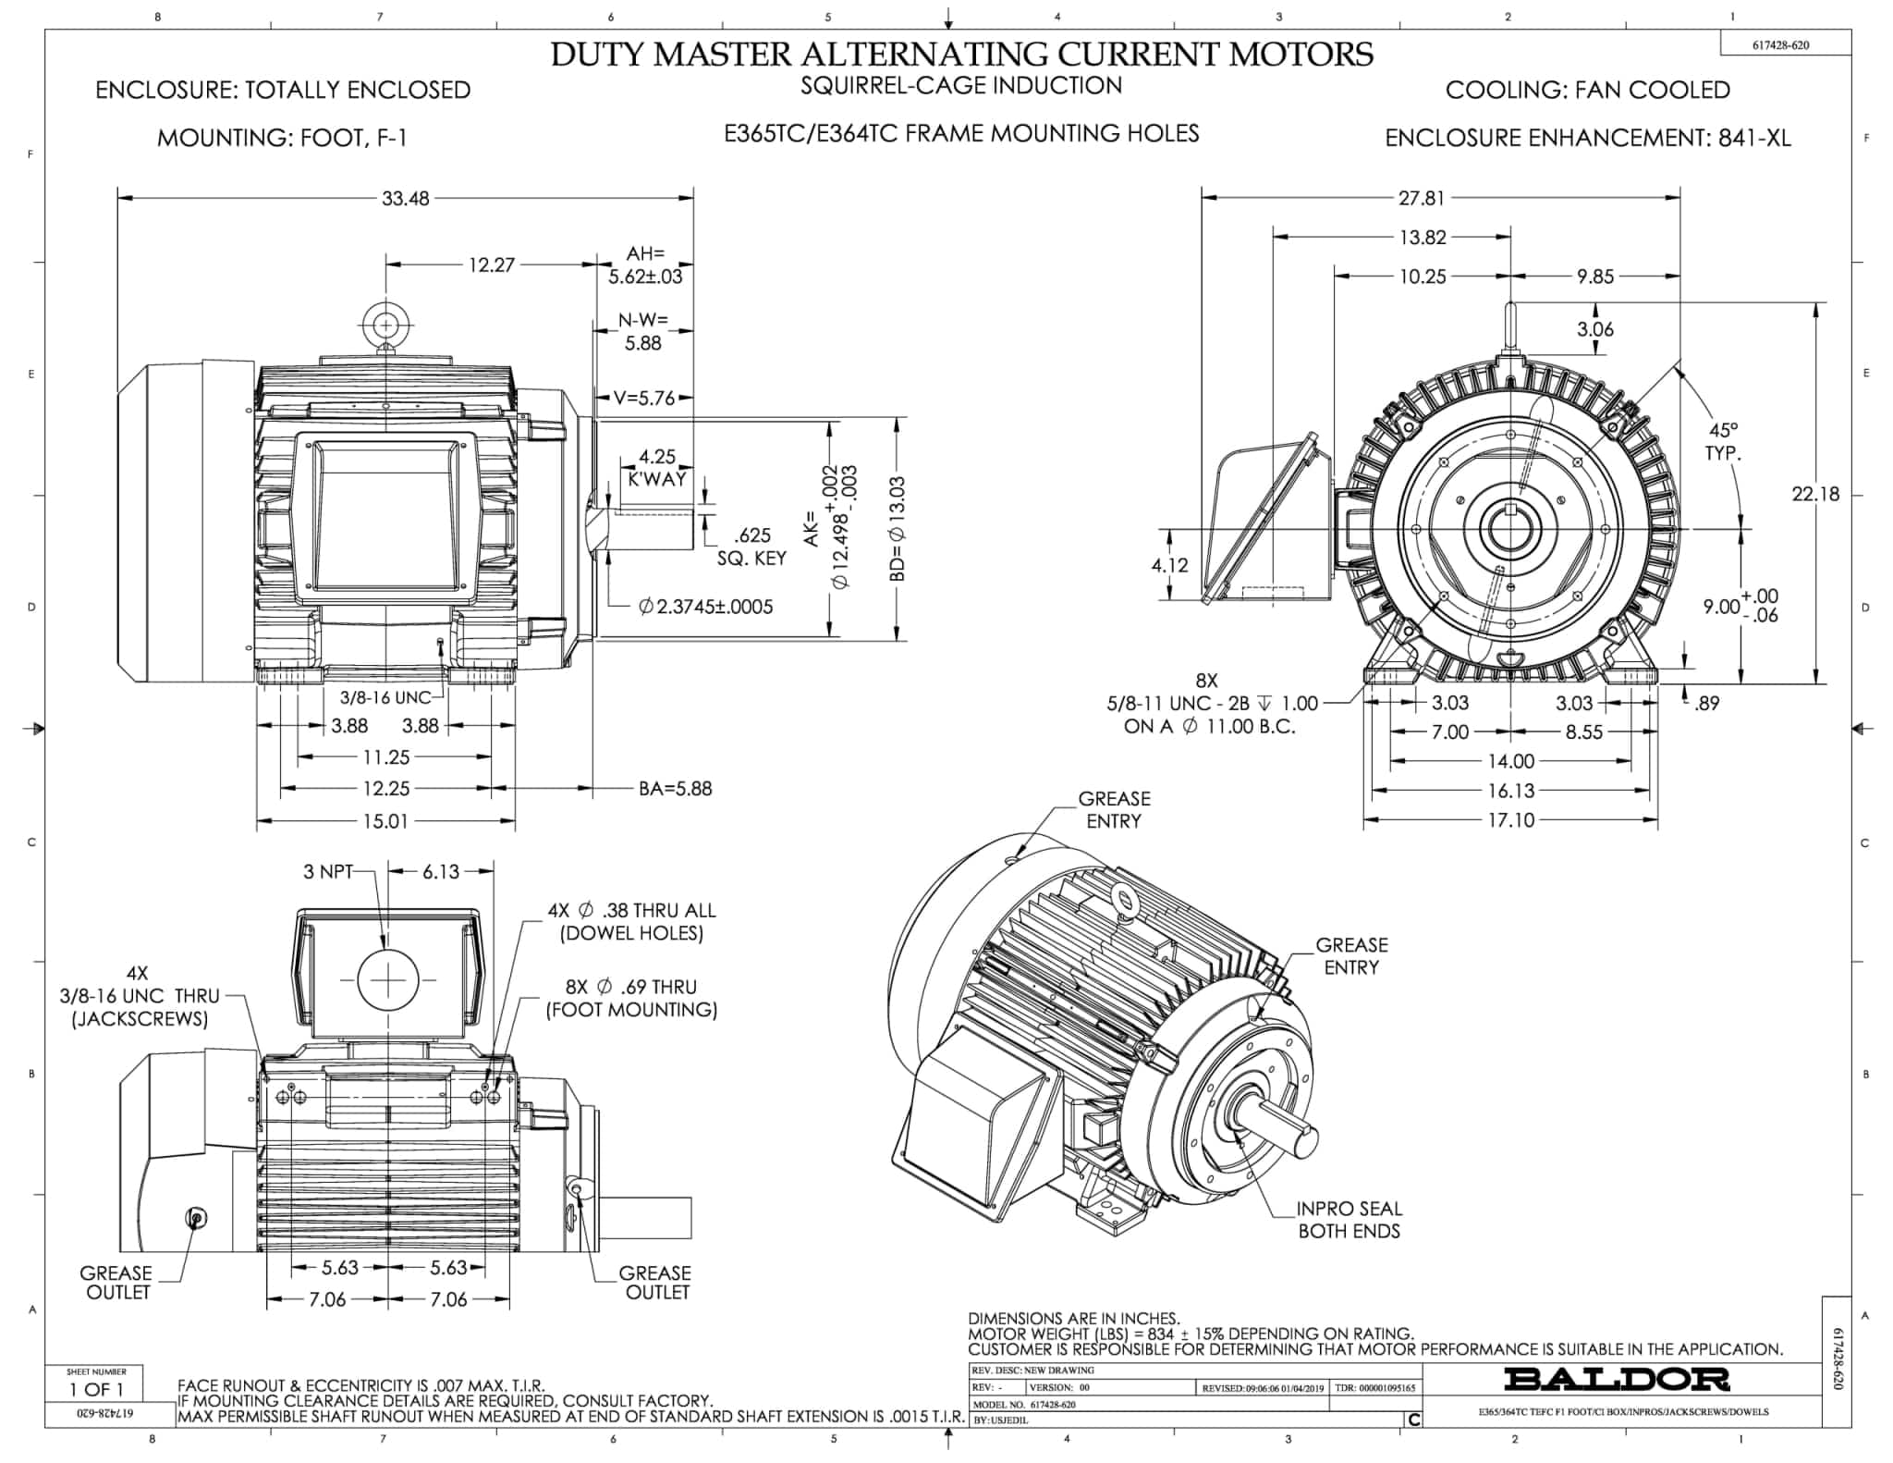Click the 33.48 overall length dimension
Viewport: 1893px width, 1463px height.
pyautogui.click(x=406, y=198)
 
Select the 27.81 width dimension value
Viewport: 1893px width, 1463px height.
pyautogui.click(x=1421, y=198)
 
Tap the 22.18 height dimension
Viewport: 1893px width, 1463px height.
pyautogui.click(x=1815, y=494)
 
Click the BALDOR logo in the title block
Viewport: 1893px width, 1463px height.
pyautogui.click(x=1617, y=1379)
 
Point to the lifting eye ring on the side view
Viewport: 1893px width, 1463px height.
pyautogui.click(x=385, y=325)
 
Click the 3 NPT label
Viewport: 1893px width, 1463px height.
pyautogui.click(x=328, y=871)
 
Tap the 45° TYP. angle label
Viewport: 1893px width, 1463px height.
pyautogui.click(x=1723, y=441)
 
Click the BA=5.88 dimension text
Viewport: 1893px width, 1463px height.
pyautogui.click(x=675, y=789)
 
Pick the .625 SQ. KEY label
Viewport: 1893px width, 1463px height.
pyautogui.click(x=751, y=547)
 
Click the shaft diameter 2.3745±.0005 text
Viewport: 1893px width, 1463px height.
pyautogui.click(x=706, y=607)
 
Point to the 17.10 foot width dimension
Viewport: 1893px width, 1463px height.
pyautogui.click(x=1510, y=820)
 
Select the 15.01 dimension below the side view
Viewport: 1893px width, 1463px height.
pyautogui.click(x=385, y=821)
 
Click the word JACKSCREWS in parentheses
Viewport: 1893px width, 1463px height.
pyautogui.click(x=140, y=1019)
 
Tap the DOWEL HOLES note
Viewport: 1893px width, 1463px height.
pyautogui.click(x=631, y=933)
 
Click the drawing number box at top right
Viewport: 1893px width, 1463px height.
pyautogui.click(x=1780, y=44)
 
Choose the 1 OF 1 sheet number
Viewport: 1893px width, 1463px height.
pyautogui.click(x=96, y=1389)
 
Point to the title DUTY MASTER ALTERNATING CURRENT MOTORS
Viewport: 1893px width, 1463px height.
pyautogui.click(x=961, y=54)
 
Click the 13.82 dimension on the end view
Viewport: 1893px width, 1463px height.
pyautogui.click(x=1422, y=238)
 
